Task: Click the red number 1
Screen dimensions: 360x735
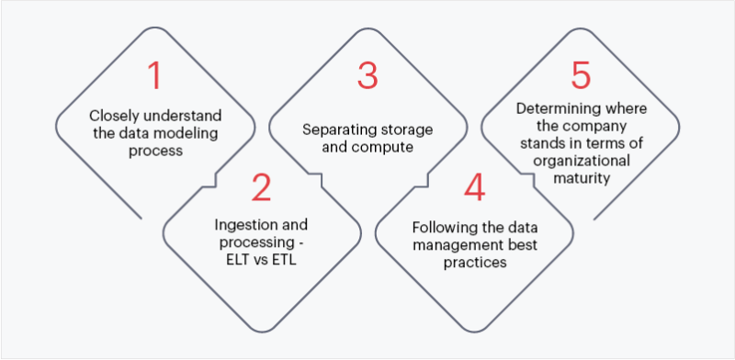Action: point(154,75)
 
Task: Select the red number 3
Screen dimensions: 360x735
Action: point(367,75)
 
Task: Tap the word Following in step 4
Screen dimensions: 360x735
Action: point(438,226)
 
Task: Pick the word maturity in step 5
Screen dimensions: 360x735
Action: point(579,179)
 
